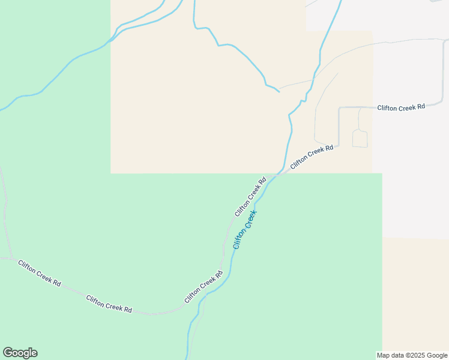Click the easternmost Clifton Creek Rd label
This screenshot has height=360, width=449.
coord(401,107)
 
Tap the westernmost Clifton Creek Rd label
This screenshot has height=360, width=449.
coord(39,273)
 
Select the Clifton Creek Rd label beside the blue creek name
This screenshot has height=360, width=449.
coord(250,197)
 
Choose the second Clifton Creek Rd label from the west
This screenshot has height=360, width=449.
coord(109,304)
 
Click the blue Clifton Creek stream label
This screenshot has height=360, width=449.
coord(245,229)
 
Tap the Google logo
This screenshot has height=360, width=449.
coord(20,353)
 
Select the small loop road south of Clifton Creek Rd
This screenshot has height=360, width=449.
coord(360,139)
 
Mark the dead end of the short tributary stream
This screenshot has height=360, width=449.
coord(279,92)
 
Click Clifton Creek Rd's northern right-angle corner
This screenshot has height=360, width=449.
coord(340,108)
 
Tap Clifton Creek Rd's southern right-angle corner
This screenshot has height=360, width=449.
coord(339,145)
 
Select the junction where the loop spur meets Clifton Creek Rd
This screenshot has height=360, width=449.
coord(358,108)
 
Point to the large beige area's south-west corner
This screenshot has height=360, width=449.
coord(111,173)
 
